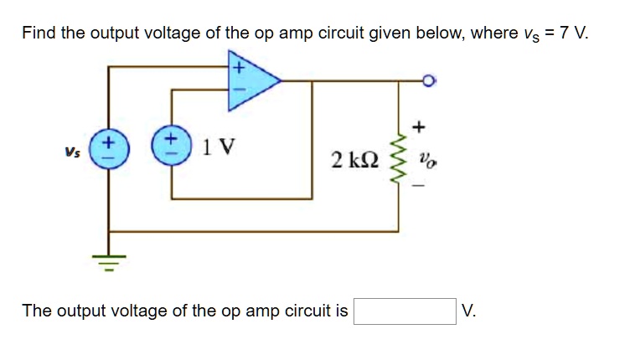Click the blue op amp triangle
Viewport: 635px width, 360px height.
(x=251, y=80)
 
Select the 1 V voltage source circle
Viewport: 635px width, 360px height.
(x=172, y=147)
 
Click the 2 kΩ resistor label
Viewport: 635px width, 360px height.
(x=354, y=159)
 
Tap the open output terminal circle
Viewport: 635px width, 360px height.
(x=429, y=81)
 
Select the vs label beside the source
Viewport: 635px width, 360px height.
(x=73, y=152)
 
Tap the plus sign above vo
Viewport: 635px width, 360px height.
(x=419, y=127)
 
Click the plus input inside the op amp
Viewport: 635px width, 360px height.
(x=237, y=64)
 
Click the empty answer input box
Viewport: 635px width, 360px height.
(x=405, y=311)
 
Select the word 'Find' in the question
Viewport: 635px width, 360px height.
(x=39, y=33)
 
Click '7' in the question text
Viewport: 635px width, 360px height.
(x=564, y=33)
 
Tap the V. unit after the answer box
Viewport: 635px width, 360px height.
(x=469, y=311)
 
